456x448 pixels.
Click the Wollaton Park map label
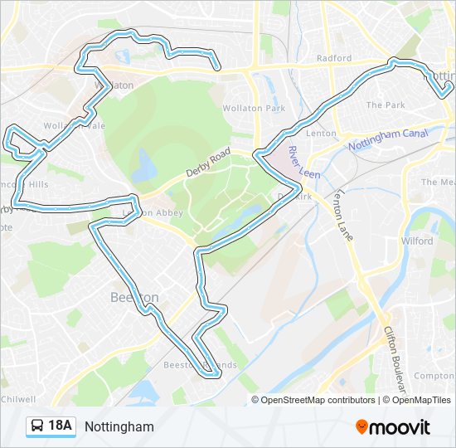pyautogui.click(x=254, y=109)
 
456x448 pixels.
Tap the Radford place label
pyautogui.click(x=334, y=59)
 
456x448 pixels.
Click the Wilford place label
pyautogui.click(x=417, y=241)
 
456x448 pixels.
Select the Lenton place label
pyautogui.click(x=321, y=133)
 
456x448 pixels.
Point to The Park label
pyautogui.click(x=386, y=105)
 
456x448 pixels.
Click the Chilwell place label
pyautogui.click(x=17, y=398)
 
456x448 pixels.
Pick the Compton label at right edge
pyautogui.click(x=434, y=376)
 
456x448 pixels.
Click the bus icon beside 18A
pyautogui.click(x=37, y=426)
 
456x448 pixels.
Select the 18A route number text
pyautogui.click(x=61, y=426)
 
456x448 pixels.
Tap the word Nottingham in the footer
pyautogui.click(x=119, y=427)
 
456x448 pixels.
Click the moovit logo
pyautogui.click(x=393, y=427)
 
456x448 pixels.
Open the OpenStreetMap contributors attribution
pyautogui.click(x=318, y=400)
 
